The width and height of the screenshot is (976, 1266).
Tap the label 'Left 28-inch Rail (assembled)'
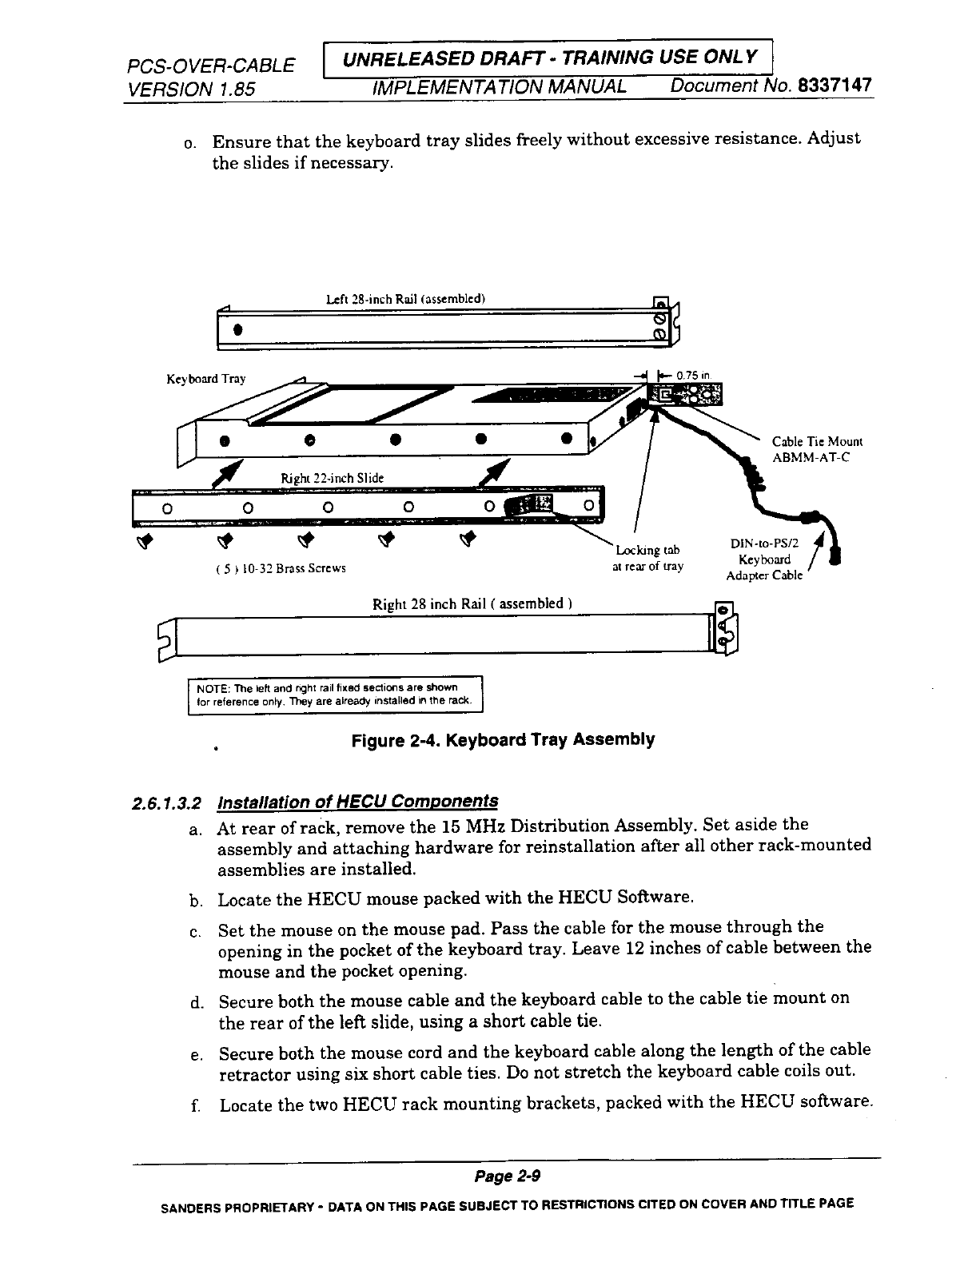tap(407, 300)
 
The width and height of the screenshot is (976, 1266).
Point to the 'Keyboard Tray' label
tap(205, 379)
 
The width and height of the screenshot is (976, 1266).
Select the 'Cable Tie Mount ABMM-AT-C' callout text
tap(817, 450)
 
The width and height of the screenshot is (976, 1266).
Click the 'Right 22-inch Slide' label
tap(332, 478)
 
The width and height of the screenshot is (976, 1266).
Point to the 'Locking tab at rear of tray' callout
tap(647, 558)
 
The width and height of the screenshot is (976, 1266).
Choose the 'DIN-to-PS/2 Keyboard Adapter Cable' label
tap(764, 559)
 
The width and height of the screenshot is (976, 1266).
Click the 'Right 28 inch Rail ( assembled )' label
tap(472, 603)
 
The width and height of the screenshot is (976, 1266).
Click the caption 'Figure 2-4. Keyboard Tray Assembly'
tap(503, 740)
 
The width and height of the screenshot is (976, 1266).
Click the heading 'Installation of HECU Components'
tap(358, 801)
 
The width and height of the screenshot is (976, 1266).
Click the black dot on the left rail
tap(237, 329)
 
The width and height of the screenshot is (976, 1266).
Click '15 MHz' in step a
tap(476, 825)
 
